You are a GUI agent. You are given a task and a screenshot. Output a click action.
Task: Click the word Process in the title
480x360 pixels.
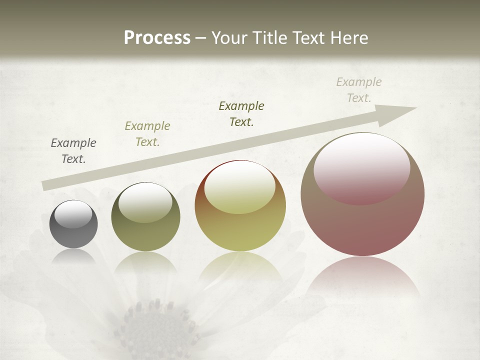(157, 37)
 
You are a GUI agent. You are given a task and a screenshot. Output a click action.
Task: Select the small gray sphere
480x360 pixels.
(73, 224)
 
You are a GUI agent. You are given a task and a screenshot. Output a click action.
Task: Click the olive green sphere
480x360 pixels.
(145, 217)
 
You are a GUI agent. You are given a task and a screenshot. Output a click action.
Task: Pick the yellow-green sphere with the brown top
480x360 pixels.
(240, 206)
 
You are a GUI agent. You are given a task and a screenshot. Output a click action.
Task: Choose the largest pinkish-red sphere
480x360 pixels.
(362, 194)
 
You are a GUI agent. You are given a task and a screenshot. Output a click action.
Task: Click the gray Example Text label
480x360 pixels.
(73, 150)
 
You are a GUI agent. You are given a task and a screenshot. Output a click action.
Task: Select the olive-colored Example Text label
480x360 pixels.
(147, 133)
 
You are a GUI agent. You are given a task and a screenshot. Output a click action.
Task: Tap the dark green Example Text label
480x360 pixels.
(241, 113)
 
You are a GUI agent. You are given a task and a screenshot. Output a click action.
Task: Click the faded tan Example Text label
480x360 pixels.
(359, 89)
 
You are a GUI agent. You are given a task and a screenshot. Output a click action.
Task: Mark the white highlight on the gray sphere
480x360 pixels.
(73, 214)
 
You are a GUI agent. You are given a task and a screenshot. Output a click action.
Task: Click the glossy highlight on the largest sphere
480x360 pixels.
(361, 168)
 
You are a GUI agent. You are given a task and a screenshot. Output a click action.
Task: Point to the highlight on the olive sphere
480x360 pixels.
(145, 202)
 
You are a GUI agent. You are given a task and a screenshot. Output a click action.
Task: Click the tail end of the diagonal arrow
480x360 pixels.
(46, 185)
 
